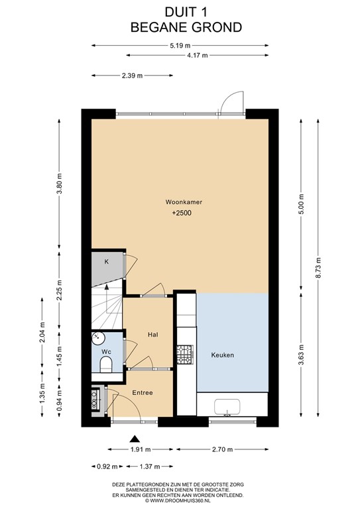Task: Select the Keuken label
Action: tap(222, 355)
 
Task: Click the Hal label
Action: tap(152, 335)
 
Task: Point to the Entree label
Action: tap(142, 393)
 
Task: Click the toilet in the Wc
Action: tap(105, 364)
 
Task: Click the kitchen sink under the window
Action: tap(227, 408)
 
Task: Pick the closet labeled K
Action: tap(106, 263)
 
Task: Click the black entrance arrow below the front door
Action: tap(136, 438)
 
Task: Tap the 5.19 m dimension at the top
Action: tap(179, 45)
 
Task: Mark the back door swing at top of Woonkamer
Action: tap(231, 103)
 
